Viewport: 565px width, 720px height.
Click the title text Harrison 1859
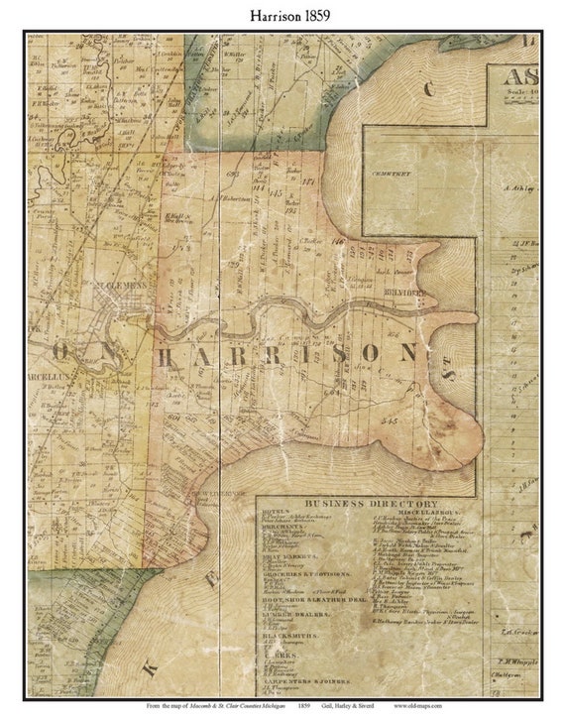point(282,16)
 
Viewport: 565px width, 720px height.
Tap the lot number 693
point(234,175)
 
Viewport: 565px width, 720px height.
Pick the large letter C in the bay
point(429,89)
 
